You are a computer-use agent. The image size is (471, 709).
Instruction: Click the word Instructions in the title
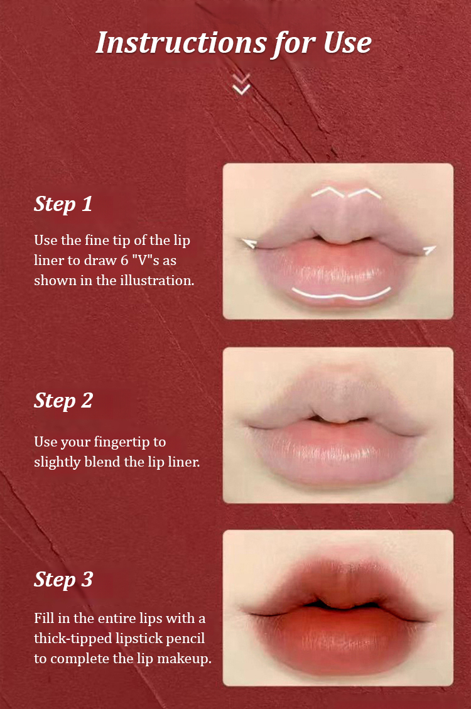coord(181,43)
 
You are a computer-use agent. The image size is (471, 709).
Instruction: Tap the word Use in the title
coord(347,43)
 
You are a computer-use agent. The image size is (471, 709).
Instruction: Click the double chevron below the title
coord(241,84)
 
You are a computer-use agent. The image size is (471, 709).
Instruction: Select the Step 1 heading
coord(63,204)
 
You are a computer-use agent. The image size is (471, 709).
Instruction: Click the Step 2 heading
coord(63,401)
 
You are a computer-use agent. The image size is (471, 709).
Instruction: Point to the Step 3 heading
coord(63,580)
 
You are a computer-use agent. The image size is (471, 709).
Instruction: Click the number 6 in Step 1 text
coord(124,261)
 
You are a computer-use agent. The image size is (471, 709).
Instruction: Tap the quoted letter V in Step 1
coord(145,261)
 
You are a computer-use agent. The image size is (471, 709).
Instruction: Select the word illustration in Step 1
coord(157,281)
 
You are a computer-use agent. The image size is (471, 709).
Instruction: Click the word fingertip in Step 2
coord(123,442)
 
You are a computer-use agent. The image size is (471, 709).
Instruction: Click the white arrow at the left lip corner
coord(249,244)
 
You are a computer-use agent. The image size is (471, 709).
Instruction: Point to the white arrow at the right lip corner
coord(430,249)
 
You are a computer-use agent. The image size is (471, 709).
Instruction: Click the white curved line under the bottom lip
coord(341,296)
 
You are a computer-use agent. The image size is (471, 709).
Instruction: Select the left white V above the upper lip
coord(328,191)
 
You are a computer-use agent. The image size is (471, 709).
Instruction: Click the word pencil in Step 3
coord(183,639)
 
